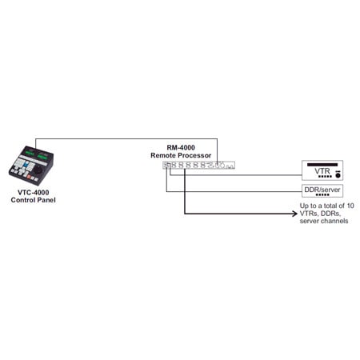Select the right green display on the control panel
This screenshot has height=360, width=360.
click(42, 155)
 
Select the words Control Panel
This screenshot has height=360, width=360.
click(33, 200)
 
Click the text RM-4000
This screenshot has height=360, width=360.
click(185, 146)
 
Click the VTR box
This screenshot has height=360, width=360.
click(325, 170)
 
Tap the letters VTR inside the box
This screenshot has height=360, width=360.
click(322, 170)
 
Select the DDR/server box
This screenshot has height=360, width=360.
click(325, 191)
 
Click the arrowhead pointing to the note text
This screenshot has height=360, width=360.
click(292, 214)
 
